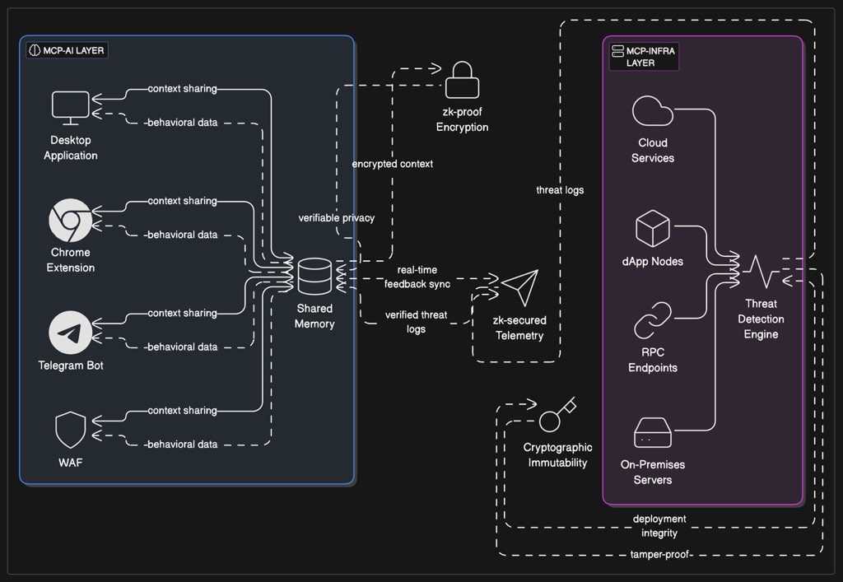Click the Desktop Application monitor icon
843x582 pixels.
pos(71,107)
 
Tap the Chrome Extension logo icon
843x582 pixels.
pos(71,221)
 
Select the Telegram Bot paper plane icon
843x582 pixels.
pos(71,333)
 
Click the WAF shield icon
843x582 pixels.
pos(71,430)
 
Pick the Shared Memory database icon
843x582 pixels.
pos(314,277)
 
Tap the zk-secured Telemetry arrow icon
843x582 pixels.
pos(519,289)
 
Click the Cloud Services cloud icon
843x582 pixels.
pos(653,111)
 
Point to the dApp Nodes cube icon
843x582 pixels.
pos(653,228)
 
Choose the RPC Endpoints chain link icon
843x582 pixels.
pos(653,320)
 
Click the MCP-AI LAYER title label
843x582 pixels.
pos(67,50)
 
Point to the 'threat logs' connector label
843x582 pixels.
pos(560,190)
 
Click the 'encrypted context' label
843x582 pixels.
pos(393,164)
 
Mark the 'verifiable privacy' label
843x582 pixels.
pos(337,218)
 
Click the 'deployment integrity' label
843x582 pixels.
pos(659,526)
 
